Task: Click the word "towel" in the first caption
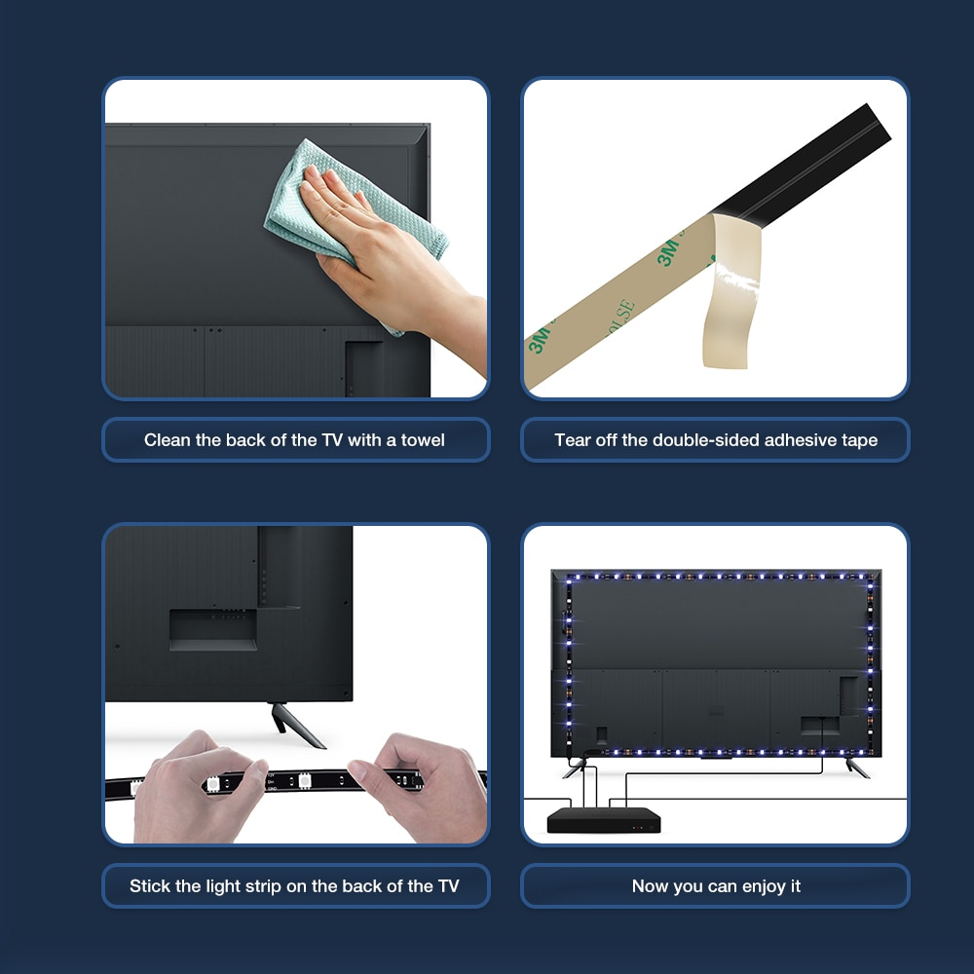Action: (x=423, y=440)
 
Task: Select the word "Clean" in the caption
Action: (x=168, y=440)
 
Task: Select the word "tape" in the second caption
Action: (x=860, y=440)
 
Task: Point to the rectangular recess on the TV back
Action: (x=213, y=630)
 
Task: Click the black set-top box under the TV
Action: (x=604, y=820)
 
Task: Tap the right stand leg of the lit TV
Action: (x=858, y=768)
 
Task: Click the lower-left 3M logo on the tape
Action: (x=540, y=340)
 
